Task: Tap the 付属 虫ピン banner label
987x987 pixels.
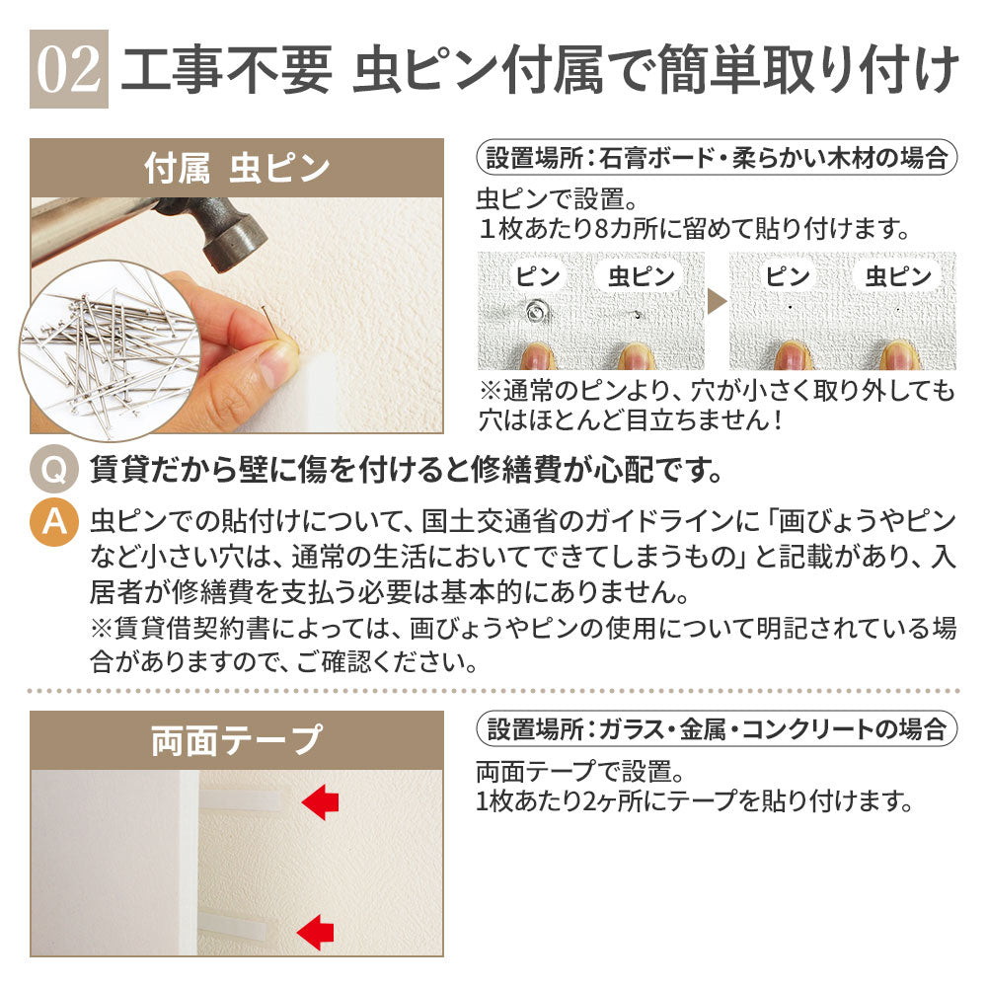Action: [237, 168]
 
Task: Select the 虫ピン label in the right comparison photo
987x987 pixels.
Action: [898, 276]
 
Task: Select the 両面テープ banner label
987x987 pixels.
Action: [237, 740]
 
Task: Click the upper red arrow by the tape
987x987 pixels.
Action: [318, 802]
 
